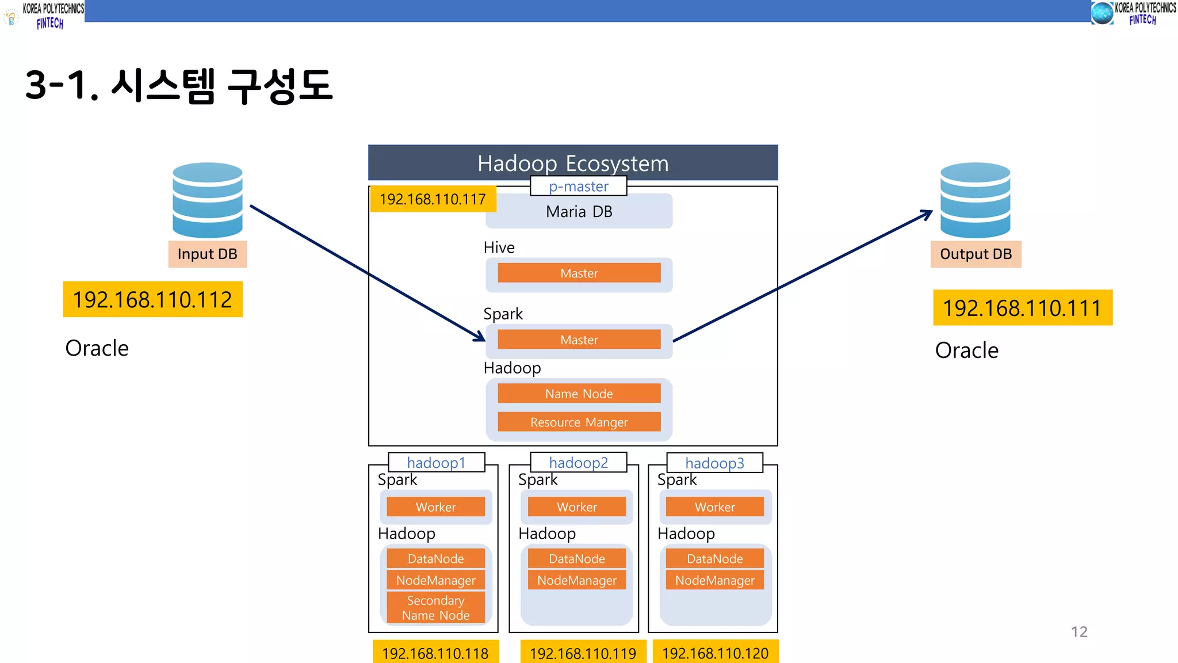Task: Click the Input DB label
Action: click(207, 254)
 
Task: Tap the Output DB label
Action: click(976, 254)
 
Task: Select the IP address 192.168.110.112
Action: click(152, 299)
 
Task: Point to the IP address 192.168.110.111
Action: click(1022, 308)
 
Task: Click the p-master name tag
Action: click(578, 186)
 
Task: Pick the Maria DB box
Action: click(579, 211)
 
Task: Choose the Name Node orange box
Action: click(579, 394)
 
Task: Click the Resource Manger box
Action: click(579, 422)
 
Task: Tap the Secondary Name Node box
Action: click(435, 608)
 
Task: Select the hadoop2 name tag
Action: click(578, 463)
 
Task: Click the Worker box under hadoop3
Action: click(714, 507)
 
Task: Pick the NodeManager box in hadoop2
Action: click(576, 580)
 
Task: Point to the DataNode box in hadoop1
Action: click(435, 558)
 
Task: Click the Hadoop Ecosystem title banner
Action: click(573, 163)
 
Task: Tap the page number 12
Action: click(1079, 632)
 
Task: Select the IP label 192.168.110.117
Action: click(433, 199)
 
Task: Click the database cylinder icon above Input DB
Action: click(207, 200)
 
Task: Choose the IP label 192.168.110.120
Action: click(715, 653)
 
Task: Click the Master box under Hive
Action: click(579, 273)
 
